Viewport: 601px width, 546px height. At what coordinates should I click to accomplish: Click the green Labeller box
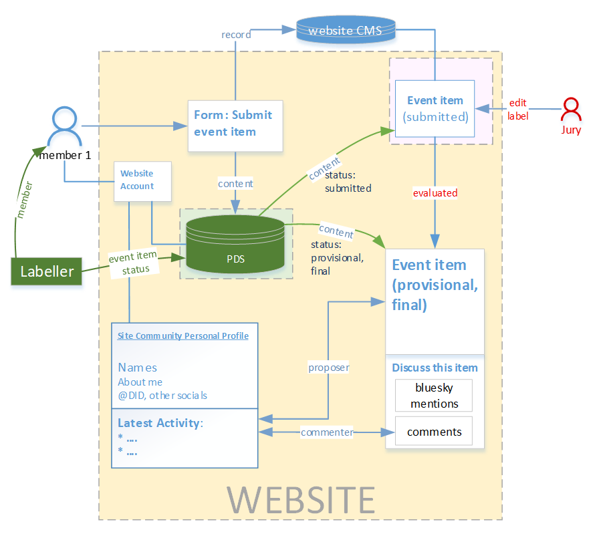46,271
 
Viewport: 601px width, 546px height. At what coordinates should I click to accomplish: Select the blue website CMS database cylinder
346,31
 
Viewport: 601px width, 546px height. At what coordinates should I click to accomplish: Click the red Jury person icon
571,111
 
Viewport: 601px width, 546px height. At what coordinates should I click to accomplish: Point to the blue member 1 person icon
65,127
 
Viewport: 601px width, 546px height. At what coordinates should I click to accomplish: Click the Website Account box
142,181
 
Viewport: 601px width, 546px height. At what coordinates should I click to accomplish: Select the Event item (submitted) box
435,108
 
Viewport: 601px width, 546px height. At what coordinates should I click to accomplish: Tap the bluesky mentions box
434,396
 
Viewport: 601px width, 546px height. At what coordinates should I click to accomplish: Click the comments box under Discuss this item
434,432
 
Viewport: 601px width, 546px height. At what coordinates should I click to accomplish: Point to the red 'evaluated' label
435,193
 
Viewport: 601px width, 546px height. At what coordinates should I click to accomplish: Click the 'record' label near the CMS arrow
236,35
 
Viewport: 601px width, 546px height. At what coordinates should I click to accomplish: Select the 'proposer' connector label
329,368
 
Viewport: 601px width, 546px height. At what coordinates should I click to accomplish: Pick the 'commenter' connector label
327,432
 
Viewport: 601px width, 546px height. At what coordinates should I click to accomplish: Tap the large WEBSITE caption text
301,499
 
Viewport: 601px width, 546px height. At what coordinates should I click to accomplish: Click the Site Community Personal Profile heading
183,336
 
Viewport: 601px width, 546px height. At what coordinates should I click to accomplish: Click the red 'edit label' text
518,110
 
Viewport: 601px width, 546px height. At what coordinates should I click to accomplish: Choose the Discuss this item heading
435,368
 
